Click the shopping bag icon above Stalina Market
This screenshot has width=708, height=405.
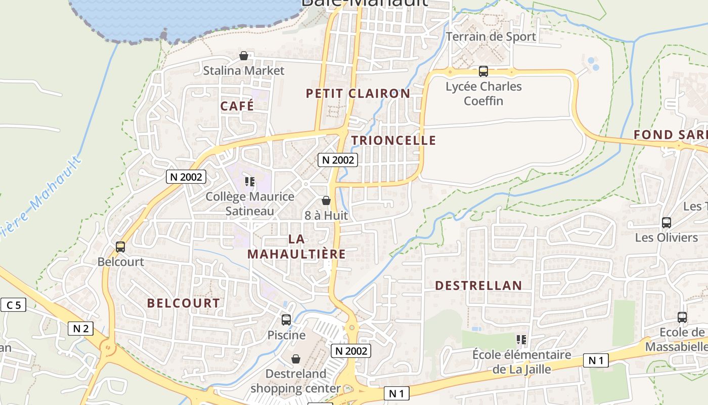[x=244, y=56]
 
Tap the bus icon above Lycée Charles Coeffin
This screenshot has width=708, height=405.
[x=483, y=71]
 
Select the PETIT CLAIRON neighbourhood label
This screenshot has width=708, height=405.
[x=358, y=93]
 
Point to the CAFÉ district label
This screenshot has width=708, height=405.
[x=237, y=106]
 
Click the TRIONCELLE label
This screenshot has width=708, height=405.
[x=393, y=140]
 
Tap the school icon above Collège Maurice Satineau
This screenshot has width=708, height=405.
[x=250, y=181]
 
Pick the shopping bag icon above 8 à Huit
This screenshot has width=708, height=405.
[x=326, y=200]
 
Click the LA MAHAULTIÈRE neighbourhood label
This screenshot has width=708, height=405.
[x=296, y=247]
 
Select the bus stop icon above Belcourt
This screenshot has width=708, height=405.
[x=120, y=247]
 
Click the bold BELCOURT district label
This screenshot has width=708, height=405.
[x=184, y=303]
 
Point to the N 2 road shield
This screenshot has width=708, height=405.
[x=81, y=329]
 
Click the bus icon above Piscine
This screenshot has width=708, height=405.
[x=286, y=320]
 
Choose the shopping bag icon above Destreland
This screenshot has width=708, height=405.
[x=296, y=359]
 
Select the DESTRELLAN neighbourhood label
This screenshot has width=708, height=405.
[x=478, y=286]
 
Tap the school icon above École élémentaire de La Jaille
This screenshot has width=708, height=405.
[x=521, y=340]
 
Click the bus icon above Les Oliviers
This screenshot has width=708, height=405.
[x=667, y=222]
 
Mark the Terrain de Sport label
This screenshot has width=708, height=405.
[x=491, y=36]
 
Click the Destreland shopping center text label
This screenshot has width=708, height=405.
[x=296, y=381]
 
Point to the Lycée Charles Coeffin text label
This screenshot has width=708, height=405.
[x=483, y=94]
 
